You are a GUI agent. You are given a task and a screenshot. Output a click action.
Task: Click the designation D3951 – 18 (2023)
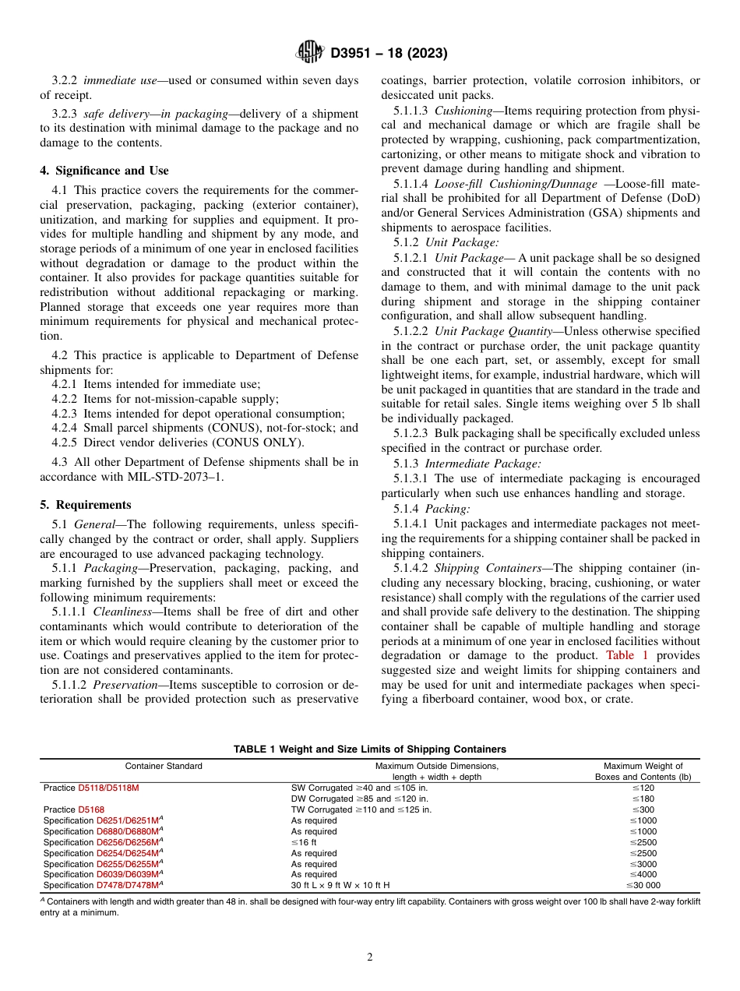pos(388,54)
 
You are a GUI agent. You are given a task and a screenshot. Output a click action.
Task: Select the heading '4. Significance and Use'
pos(104,171)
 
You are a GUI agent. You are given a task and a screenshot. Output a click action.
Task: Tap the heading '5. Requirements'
pos(86,505)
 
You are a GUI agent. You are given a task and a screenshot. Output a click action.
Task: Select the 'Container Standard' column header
pos(164,766)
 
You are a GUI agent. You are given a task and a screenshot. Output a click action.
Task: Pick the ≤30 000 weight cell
pos(643,885)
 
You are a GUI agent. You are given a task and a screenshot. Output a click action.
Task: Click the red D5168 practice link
pos(91,809)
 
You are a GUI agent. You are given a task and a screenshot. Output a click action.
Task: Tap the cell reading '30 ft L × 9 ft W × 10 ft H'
pos(340,885)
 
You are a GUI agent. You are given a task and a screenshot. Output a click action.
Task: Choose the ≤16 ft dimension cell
pos(304,842)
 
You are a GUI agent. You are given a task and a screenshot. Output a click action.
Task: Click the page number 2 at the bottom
pos(370,957)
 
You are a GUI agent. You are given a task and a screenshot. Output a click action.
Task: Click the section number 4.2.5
pos(67,443)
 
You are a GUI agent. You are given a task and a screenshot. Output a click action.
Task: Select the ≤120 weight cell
pos(643,788)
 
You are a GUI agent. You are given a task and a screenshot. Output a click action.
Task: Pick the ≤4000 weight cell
pos(643,874)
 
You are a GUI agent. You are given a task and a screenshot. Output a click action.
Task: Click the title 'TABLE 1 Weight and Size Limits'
pos(370,749)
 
